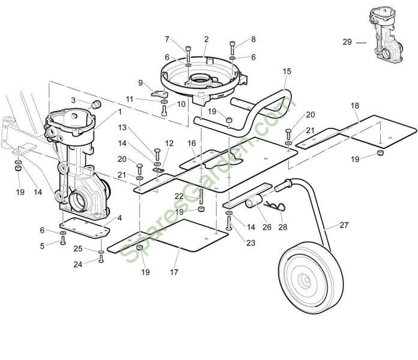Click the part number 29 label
(x=347, y=42)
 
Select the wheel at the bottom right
(x=307, y=278)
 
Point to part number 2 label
(x=206, y=39)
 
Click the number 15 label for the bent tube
(x=287, y=71)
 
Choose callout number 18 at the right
(x=355, y=106)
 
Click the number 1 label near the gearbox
(x=119, y=111)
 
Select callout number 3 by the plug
(x=73, y=100)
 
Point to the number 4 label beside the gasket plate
(x=120, y=217)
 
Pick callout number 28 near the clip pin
(x=283, y=227)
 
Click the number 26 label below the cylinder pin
(x=267, y=227)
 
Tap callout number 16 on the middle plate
(x=191, y=143)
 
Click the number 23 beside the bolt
(x=250, y=242)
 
